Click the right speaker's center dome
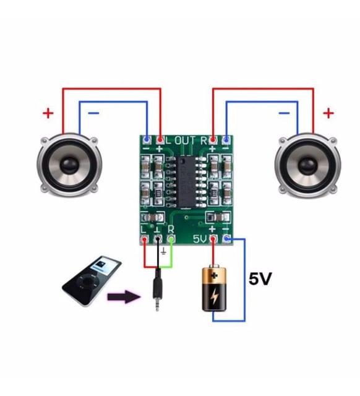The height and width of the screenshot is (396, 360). point(307,165)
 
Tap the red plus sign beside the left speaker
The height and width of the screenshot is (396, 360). point(48,113)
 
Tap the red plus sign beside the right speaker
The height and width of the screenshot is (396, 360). point(328,113)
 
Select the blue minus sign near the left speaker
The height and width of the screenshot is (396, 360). point(93,113)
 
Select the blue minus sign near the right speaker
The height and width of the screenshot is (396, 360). point(284,113)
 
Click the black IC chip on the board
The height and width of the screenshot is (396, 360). point(186,181)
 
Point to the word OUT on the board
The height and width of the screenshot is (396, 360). point(185,140)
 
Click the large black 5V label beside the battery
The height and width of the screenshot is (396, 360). point(260,279)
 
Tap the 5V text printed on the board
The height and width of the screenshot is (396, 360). point(200,239)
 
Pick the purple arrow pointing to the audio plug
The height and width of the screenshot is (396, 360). point(124,296)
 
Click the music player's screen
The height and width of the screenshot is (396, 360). point(105,266)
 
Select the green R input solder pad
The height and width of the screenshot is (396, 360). point(171,239)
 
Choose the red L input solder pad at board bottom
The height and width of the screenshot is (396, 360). point(144,239)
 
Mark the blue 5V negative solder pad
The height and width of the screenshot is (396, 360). point(227,238)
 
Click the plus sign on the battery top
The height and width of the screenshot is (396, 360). point(215,275)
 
